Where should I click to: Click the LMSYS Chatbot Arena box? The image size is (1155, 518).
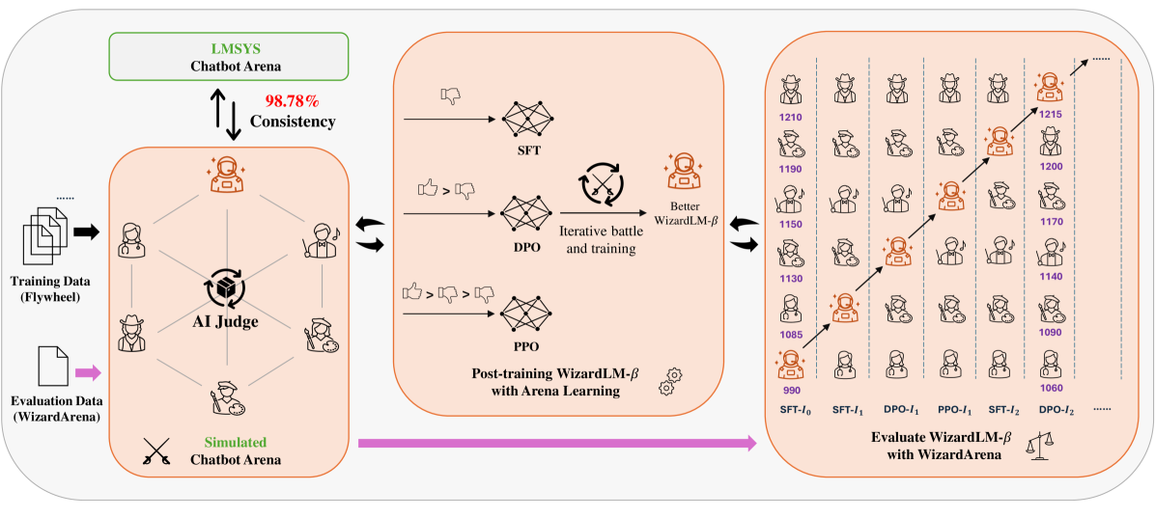(x=227, y=55)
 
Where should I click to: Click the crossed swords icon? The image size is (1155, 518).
(x=156, y=451)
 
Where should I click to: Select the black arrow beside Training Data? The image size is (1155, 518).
(x=86, y=232)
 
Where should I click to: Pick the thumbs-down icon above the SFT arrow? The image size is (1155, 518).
(x=450, y=95)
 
